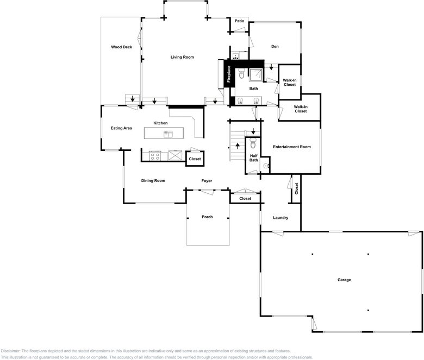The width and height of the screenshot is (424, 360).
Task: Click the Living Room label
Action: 182,57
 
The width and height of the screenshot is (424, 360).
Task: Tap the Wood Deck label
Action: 121,47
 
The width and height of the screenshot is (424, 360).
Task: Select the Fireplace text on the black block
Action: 229,74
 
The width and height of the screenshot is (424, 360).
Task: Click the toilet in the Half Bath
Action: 253,143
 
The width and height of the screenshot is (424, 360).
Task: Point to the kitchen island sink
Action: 168,134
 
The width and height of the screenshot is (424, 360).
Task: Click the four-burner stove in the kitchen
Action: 155,156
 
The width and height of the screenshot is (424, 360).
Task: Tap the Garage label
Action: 344,280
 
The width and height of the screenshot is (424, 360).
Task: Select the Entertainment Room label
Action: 292,147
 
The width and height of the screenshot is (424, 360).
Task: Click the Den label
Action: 275,47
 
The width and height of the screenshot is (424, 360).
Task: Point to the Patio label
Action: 239,21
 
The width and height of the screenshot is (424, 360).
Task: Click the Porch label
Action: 207,217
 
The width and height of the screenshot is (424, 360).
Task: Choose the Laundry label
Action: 280,218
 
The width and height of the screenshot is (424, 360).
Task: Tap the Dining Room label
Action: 153,181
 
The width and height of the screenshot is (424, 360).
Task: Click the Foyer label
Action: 207,181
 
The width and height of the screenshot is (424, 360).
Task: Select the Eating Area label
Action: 121,128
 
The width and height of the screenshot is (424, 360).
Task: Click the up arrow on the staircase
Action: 238,146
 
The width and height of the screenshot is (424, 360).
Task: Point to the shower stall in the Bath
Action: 255,75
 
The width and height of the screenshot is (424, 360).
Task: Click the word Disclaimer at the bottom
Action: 10,351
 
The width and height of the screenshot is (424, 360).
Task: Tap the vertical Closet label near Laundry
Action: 296,188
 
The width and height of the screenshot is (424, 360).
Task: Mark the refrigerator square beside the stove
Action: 175,155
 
